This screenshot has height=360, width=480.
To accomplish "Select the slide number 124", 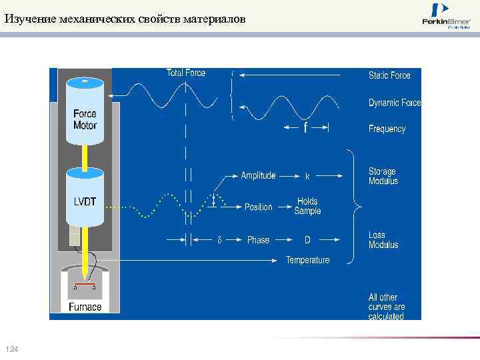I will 11,350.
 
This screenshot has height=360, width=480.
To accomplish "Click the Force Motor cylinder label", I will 85,119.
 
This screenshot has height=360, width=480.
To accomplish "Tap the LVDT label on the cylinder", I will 85,202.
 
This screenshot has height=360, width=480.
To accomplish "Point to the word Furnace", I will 85,307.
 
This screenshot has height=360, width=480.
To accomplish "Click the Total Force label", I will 186,73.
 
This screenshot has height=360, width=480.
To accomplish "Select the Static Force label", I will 389,75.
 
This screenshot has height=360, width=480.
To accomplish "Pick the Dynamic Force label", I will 395,103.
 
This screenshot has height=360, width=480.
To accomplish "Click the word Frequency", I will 387,129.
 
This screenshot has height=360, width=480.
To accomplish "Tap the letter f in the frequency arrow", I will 305,127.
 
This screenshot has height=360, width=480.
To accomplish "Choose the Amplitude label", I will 258,176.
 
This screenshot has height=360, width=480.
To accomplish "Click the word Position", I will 259,207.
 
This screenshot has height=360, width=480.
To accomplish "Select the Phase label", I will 258,240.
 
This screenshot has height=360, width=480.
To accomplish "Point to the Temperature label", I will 307,260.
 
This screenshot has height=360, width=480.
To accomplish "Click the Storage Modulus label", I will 383,176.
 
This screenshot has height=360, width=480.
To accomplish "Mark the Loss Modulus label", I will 383,240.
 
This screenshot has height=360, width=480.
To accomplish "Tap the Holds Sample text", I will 307,206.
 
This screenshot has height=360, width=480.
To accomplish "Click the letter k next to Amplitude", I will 307,177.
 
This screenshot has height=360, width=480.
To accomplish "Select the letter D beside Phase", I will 307,240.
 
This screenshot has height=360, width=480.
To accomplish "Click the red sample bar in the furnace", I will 84,285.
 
